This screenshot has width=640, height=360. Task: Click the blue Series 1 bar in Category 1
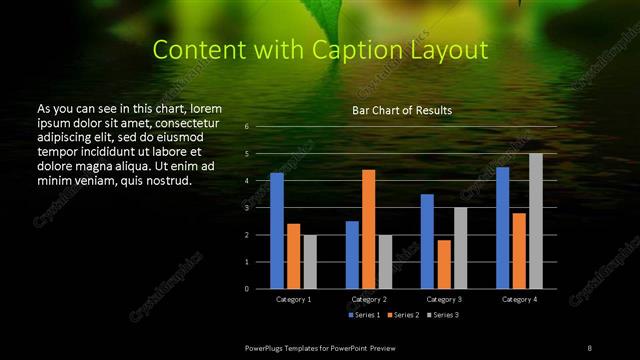point(276,231)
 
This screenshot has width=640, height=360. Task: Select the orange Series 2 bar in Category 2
point(369,229)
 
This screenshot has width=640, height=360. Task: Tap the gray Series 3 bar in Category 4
point(536,221)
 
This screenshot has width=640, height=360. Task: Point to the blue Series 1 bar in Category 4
point(503,228)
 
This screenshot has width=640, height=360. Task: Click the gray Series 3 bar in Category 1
point(310,262)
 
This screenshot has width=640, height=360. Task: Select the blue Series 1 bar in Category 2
point(352,255)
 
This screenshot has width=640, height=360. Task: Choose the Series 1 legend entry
point(362,315)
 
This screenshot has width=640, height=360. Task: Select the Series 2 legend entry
point(400,315)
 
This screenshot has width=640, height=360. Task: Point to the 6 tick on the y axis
point(246,127)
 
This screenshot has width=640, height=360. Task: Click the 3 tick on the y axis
point(246,208)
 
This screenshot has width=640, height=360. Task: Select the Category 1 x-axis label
point(293,299)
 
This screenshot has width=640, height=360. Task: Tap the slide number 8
point(589,347)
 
